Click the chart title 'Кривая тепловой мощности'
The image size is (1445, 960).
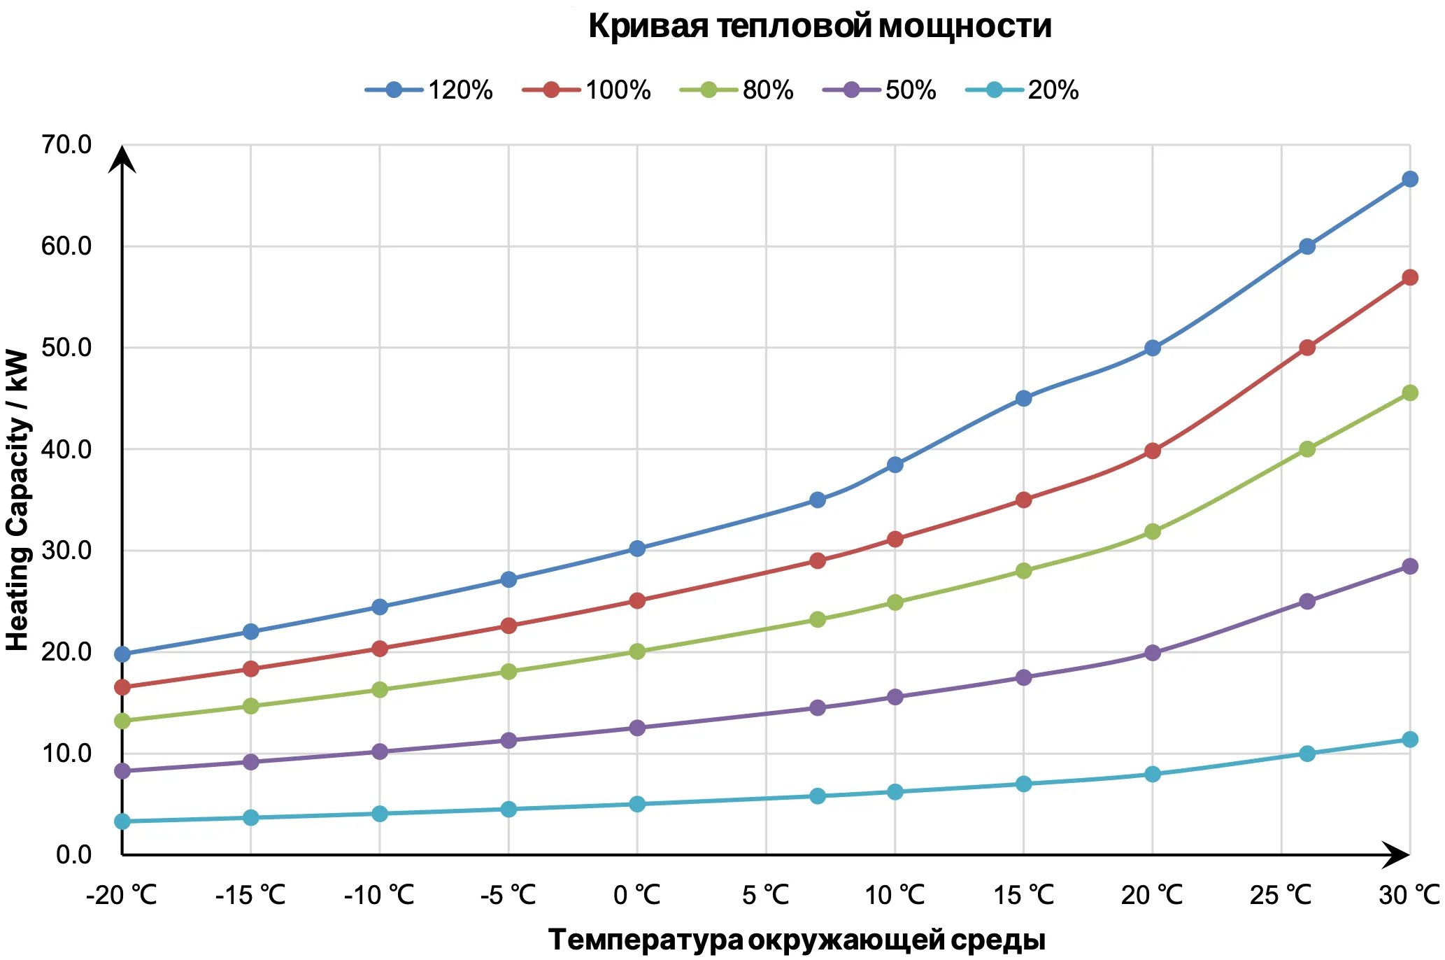click(x=820, y=27)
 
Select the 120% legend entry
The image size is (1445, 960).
click(x=429, y=90)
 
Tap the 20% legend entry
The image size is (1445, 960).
click(x=1022, y=90)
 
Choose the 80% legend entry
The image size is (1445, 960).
click(x=736, y=90)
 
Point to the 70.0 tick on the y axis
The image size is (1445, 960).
click(x=66, y=145)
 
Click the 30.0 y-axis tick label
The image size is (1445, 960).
click(x=66, y=551)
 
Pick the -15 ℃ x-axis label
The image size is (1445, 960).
click(x=250, y=895)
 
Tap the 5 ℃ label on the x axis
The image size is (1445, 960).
click(x=766, y=895)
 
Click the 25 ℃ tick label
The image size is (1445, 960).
click(x=1281, y=895)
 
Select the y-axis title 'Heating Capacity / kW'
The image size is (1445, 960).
click(x=17, y=500)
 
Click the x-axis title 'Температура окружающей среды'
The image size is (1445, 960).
click(x=797, y=940)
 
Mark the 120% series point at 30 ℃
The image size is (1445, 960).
click(x=1410, y=179)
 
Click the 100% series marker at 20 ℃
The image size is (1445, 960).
click(x=1153, y=451)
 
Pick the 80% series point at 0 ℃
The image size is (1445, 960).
click(x=637, y=651)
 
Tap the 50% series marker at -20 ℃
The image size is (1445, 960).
click(x=122, y=771)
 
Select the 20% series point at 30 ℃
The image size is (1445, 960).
click(x=1410, y=740)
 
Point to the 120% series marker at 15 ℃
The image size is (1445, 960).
click(x=1023, y=398)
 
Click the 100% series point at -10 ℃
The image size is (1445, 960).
click(x=380, y=649)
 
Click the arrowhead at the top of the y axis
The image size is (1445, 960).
click(x=122, y=158)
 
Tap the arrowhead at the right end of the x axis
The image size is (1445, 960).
click(x=1397, y=855)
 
